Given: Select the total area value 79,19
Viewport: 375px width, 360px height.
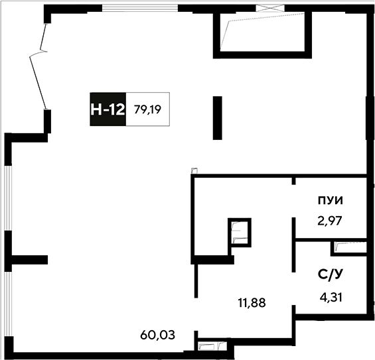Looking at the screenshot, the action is click(x=147, y=109).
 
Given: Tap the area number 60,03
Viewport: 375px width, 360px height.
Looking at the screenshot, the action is click(x=157, y=335).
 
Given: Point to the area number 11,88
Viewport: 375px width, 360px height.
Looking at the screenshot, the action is click(x=252, y=303).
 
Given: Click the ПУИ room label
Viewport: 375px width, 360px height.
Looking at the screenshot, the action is click(x=331, y=200).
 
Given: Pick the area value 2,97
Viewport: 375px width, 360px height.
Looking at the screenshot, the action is click(x=330, y=221).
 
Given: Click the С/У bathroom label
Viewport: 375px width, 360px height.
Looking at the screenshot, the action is click(x=331, y=274).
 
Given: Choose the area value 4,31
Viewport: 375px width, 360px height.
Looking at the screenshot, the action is click(x=331, y=298).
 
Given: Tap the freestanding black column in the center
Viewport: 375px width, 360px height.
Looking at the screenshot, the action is click(x=218, y=118).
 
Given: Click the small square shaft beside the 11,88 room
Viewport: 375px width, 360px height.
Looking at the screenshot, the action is click(x=240, y=233).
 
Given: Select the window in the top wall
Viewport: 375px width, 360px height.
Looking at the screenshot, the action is click(x=140, y=8).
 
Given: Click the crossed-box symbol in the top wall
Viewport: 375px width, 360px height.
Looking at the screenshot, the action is click(x=270, y=8).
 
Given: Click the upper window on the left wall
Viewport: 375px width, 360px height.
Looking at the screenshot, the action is click(x=8, y=198).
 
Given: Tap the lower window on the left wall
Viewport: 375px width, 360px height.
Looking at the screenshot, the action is click(x=8, y=304).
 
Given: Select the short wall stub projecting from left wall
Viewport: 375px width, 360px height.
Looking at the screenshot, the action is click(x=29, y=260).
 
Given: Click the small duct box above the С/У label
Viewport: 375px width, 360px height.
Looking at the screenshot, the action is click(x=348, y=249).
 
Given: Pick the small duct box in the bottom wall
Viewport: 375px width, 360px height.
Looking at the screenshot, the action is click(x=212, y=345).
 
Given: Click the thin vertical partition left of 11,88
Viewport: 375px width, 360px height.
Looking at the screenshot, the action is click(x=196, y=281).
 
